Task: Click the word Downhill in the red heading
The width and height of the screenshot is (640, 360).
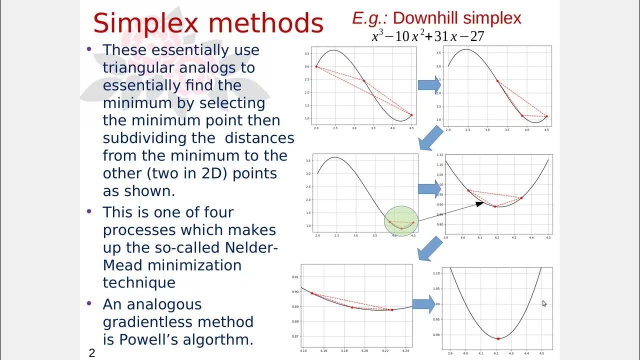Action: click(x=424, y=18)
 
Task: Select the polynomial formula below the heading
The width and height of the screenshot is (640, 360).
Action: click(x=427, y=36)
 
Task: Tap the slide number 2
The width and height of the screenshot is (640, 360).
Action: click(x=91, y=353)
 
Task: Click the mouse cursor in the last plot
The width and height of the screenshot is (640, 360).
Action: click(x=544, y=303)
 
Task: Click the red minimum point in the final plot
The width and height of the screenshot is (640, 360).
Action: click(x=498, y=338)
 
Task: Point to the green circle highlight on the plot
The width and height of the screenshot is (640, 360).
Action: click(x=401, y=221)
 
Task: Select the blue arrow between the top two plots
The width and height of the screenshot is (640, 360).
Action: click(x=429, y=84)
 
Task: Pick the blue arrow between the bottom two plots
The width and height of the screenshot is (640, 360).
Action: click(x=423, y=303)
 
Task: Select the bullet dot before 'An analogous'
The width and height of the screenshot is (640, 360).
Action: click(x=89, y=303)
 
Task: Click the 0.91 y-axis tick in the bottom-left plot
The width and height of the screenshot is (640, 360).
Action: click(x=295, y=276)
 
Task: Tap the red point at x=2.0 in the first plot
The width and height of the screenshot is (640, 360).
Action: click(x=316, y=66)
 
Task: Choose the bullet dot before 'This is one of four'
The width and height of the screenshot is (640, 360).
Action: click(x=89, y=211)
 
